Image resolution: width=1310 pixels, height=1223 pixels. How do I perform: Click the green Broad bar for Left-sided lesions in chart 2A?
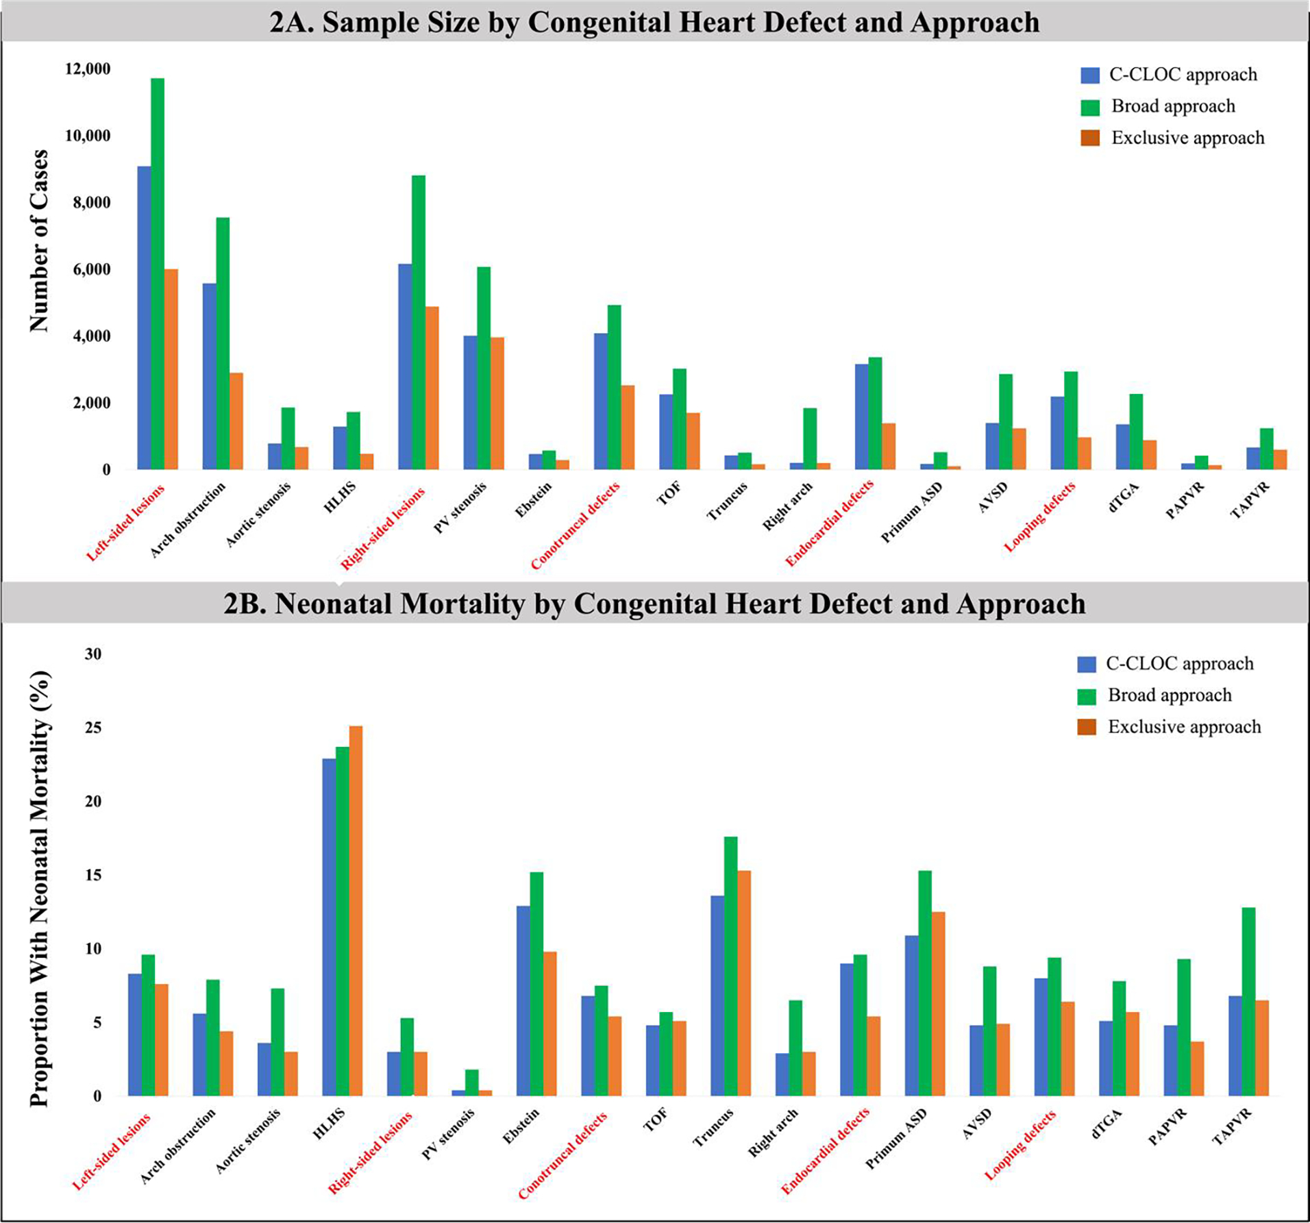[x=158, y=274]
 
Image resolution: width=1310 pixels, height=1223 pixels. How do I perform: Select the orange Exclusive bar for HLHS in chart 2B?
[x=356, y=911]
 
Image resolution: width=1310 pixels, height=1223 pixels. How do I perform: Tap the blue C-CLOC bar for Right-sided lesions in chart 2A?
[x=405, y=367]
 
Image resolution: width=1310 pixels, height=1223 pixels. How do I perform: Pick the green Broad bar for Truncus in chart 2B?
[x=730, y=966]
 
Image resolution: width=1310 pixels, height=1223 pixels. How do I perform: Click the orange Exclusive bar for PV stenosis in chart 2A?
[x=497, y=404]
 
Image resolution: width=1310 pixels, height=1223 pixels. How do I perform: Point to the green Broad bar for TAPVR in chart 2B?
[x=1248, y=1002]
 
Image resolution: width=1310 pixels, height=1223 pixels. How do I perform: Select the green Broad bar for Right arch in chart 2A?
[x=810, y=438]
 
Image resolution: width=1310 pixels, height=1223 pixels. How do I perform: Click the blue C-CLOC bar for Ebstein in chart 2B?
[x=523, y=1001]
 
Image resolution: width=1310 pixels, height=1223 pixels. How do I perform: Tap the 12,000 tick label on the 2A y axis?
[x=87, y=69]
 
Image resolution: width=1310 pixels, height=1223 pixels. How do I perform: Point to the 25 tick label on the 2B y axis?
[x=92, y=728]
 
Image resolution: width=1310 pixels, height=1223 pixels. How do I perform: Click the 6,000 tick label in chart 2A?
[x=87, y=269]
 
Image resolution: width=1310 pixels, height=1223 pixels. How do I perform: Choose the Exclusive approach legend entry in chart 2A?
[x=1187, y=138]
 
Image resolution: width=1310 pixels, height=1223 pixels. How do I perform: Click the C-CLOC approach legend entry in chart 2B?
[x=1179, y=663]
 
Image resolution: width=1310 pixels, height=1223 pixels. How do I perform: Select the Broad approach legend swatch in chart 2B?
[x=1087, y=696]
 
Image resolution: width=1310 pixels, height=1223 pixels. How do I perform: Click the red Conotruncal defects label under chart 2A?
[x=575, y=526]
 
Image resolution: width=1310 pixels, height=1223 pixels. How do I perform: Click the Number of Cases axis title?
[x=39, y=240]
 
